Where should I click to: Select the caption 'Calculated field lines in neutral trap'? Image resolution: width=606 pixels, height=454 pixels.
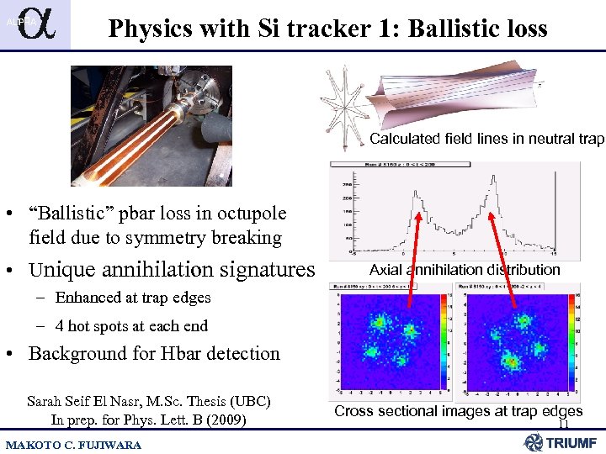[486, 139]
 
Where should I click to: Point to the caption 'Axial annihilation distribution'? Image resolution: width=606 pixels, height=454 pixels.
[465, 270]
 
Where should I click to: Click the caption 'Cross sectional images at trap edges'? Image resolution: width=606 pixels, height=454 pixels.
[458, 411]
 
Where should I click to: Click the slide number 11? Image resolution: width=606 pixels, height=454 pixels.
[563, 425]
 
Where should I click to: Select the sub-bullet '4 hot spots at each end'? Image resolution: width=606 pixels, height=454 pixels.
[131, 325]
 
